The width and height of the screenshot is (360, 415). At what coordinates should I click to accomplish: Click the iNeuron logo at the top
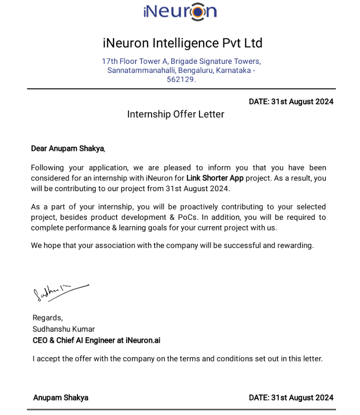(180, 11)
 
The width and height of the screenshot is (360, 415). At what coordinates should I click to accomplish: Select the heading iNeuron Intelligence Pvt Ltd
(182, 43)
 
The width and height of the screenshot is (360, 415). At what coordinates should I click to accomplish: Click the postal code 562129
(181, 79)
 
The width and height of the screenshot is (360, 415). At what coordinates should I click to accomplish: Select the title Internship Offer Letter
(175, 114)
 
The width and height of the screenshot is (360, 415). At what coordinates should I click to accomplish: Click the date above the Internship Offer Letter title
(291, 101)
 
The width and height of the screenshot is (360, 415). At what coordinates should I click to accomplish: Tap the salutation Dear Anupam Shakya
(68, 148)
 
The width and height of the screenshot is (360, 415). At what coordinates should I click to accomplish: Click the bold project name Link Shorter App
(215, 178)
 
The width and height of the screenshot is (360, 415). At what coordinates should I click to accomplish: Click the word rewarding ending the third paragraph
(294, 245)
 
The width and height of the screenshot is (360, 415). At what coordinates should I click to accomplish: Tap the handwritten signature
(59, 291)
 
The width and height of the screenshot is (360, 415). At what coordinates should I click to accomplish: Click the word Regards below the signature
(47, 318)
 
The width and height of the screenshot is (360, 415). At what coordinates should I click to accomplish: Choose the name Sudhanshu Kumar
(63, 329)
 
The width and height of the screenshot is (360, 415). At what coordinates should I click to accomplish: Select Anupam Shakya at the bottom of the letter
(61, 398)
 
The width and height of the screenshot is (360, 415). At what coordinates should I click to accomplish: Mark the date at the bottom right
(291, 398)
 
